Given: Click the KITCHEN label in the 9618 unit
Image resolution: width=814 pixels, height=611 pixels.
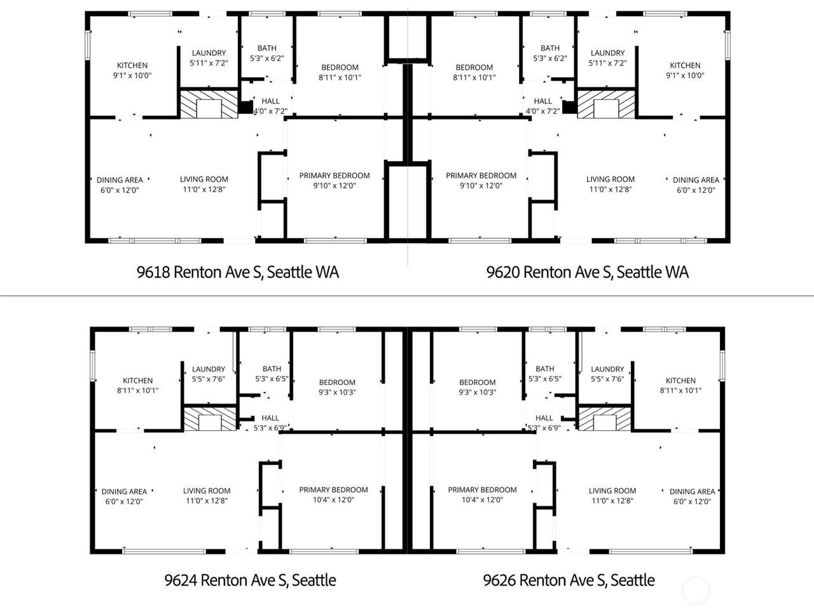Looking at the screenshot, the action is point(132,66).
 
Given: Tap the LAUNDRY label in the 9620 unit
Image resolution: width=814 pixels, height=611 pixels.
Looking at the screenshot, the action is point(607,53).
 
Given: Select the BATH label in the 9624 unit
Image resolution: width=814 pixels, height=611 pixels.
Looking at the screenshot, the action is point(272,369).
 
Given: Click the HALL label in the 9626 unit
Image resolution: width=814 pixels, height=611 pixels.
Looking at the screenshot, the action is point(544,418).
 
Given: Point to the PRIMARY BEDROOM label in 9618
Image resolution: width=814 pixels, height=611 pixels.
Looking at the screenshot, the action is point(335,176).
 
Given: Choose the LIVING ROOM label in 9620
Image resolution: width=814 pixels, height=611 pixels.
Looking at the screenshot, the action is point(610,179).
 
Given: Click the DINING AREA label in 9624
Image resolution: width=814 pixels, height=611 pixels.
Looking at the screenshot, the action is point(124,491).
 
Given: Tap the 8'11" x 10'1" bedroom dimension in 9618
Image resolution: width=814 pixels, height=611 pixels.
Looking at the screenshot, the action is point(340,78).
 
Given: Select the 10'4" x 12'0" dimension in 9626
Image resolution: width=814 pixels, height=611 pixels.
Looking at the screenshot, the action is point(482,500).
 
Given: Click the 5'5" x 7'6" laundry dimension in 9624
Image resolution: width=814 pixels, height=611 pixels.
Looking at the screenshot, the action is point(209,379).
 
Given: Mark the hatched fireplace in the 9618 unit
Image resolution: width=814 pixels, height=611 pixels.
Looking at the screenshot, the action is point(209,104).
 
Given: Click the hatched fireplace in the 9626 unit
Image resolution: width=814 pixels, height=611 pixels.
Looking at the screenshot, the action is point(605,419).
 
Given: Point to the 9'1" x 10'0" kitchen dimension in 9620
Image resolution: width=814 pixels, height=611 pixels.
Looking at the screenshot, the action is point(685,76).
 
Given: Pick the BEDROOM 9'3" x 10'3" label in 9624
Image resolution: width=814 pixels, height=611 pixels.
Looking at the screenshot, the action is point(337,388).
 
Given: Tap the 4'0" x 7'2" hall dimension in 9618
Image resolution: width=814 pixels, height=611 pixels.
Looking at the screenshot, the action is point(270,111).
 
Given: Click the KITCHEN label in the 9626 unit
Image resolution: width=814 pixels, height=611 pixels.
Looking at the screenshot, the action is point(680,381).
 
